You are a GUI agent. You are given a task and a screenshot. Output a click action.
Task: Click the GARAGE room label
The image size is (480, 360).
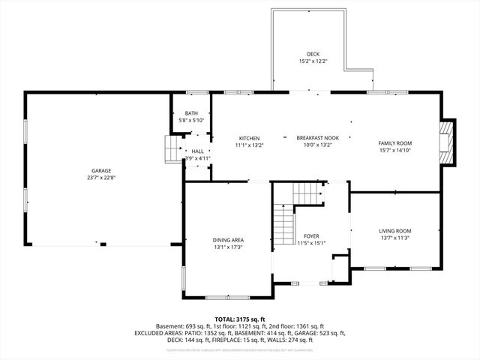[x=101, y=171]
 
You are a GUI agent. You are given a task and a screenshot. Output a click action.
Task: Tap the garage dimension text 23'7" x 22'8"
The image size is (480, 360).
[x=101, y=178]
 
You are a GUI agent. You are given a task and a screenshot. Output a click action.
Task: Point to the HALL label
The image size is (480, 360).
[x=197, y=151]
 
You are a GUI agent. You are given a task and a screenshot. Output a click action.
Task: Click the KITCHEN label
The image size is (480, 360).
[x=249, y=138]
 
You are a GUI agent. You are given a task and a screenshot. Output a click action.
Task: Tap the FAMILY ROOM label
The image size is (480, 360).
[x=394, y=142]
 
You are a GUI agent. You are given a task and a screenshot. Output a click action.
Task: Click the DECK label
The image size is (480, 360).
[x=313, y=54]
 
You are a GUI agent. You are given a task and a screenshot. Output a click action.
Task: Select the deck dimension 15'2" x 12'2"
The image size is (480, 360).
[x=313, y=61]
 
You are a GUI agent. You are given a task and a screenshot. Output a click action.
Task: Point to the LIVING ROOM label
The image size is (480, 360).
[x=394, y=231]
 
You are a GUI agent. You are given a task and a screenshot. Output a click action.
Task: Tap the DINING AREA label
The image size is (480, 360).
[x=228, y=240]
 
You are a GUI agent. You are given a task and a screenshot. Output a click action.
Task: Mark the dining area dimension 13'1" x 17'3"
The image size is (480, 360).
[x=228, y=247]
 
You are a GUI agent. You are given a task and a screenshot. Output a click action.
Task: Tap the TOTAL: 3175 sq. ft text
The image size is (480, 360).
[x=240, y=319]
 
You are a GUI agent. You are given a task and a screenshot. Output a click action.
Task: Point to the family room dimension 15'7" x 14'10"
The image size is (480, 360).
[x=394, y=150]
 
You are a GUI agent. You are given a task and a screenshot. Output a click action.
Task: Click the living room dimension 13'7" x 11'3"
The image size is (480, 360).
[x=394, y=238]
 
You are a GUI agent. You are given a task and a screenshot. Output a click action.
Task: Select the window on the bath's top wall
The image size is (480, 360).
[x=197, y=92]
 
